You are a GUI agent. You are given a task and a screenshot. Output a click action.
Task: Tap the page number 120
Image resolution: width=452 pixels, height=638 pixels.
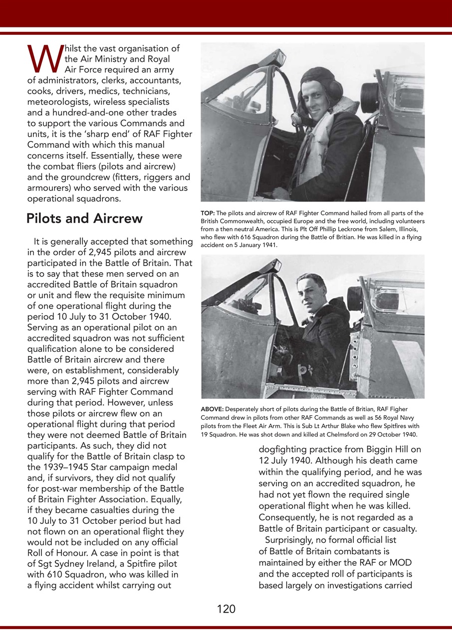(x=226, y=609)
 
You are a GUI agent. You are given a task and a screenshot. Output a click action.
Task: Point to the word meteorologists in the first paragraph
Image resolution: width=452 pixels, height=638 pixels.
(x=61, y=102)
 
